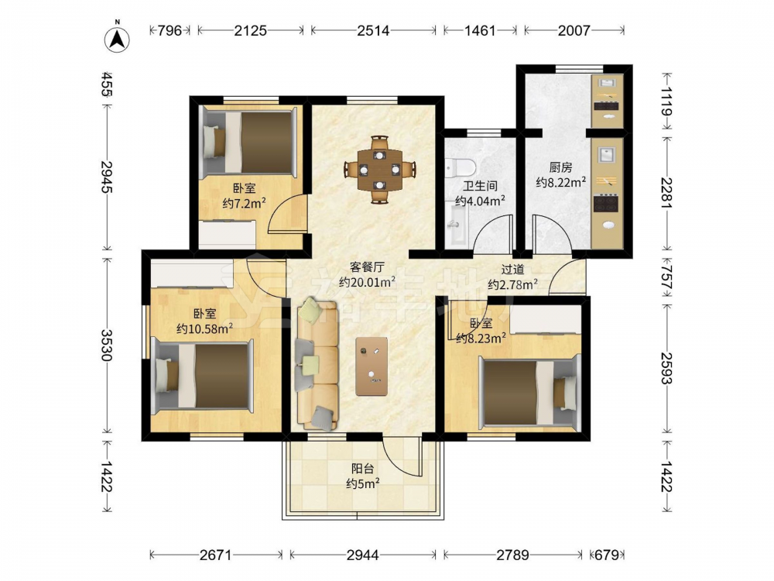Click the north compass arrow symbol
(x=118, y=39)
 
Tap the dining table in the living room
(x=379, y=170)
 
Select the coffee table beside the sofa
(x=372, y=366)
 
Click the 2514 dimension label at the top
(x=373, y=31)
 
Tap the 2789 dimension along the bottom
(x=513, y=555)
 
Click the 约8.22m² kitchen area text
(x=560, y=182)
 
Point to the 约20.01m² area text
(x=367, y=282)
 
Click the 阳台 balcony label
(x=362, y=469)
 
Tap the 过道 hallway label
(x=512, y=270)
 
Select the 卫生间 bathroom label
(x=480, y=186)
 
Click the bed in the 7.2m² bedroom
(x=250, y=142)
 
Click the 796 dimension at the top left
(x=170, y=31)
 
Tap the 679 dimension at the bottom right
(x=607, y=555)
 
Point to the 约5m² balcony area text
(x=362, y=483)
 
